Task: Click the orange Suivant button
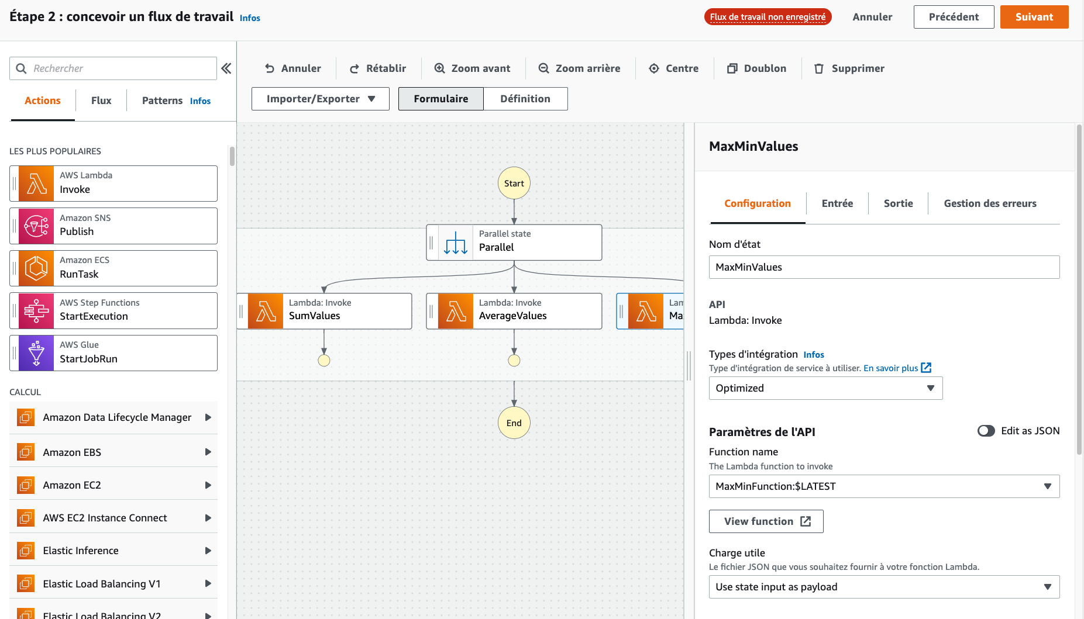pyautogui.click(x=1034, y=17)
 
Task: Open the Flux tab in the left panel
pyautogui.click(x=101, y=101)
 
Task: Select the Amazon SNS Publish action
pyautogui.click(x=113, y=226)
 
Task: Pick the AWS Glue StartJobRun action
pyautogui.click(x=113, y=353)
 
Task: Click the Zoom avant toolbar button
pyautogui.click(x=472, y=68)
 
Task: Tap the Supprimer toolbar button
pyautogui.click(x=849, y=68)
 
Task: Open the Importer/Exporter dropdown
pyautogui.click(x=321, y=99)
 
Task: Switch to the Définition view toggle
pyautogui.click(x=525, y=99)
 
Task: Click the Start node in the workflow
pyautogui.click(x=514, y=184)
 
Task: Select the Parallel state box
pyautogui.click(x=514, y=243)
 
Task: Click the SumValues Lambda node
pyautogui.click(x=325, y=311)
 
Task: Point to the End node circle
pyautogui.click(x=514, y=423)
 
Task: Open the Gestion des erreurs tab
pyautogui.click(x=990, y=203)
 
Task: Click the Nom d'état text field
pyautogui.click(x=884, y=267)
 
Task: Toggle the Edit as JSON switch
pyautogui.click(x=986, y=431)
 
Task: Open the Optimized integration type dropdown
pyautogui.click(x=825, y=388)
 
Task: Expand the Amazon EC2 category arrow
pyautogui.click(x=208, y=485)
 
